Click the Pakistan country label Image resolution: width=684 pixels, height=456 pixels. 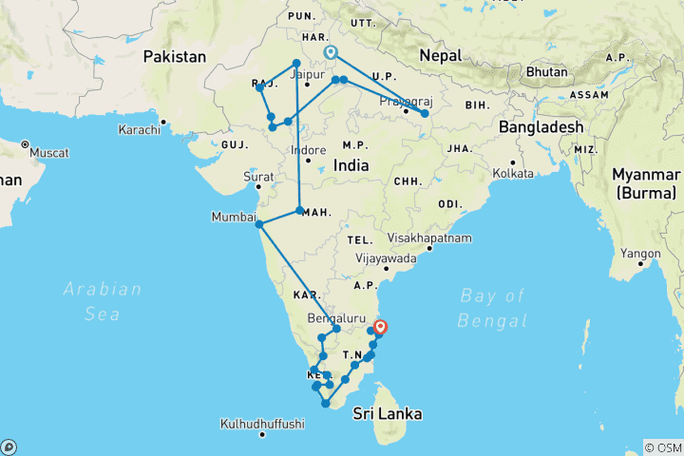(174, 57)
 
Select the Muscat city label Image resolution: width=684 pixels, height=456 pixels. (49, 152)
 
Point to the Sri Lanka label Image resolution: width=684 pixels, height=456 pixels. (388, 414)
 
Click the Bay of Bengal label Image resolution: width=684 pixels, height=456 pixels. (492, 308)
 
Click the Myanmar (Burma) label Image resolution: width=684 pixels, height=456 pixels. (646, 184)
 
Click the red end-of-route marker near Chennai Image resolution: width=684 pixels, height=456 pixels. (380, 329)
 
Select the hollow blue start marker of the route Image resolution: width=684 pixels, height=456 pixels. (331, 53)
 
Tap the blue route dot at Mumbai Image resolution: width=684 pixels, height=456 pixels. (259, 224)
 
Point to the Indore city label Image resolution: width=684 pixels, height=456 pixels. (308, 150)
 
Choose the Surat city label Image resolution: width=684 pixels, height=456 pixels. (258, 176)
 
